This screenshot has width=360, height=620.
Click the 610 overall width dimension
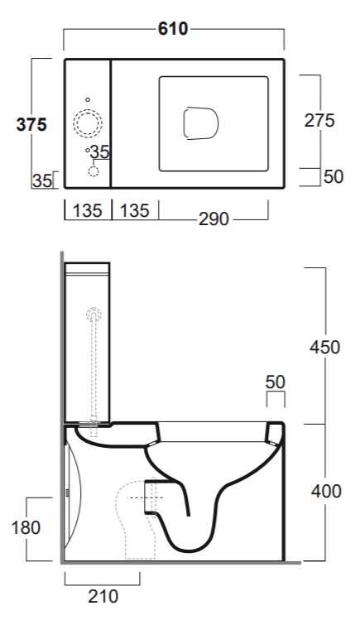click(x=173, y=29)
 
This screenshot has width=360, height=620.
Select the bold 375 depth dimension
click(x=31, y=124)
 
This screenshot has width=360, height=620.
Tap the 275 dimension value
click(x=319, y=121)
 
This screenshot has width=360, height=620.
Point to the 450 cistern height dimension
click(x=325, y=347)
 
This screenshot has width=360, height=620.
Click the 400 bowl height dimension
click(x=326, y=492)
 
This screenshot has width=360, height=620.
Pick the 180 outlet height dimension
click(x=26, y=528)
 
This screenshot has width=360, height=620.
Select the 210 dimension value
click(x=103, y=597)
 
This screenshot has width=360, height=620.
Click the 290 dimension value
click(x=214, y=219)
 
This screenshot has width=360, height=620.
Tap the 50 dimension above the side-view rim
click(x=276, y=382)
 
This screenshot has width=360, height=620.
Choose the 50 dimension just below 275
click(x=334, y=177)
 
